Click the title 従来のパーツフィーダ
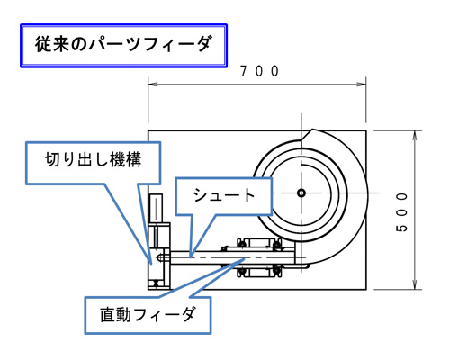coord(123,44)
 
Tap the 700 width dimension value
coord(260,71)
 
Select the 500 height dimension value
coord(402,212)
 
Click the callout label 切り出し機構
coord(94,159)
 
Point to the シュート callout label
coord(224,195)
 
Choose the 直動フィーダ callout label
coord(148,314)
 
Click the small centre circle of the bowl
coord(301,193)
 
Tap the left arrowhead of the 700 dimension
coord(152,85)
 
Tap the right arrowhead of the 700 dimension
coord(362,85)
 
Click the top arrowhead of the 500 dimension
coord(415,135)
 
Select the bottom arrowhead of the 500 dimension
coord(415,285)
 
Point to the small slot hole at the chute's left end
coord(161,257)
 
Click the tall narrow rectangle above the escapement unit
coord(156,208)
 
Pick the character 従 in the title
coord(43,44)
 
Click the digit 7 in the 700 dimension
coord(244,71)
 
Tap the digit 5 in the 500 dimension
coord(402,228)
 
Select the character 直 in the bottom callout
coord(107,315)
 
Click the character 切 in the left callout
coord(52,159)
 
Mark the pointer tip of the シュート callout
coord(191,257)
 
